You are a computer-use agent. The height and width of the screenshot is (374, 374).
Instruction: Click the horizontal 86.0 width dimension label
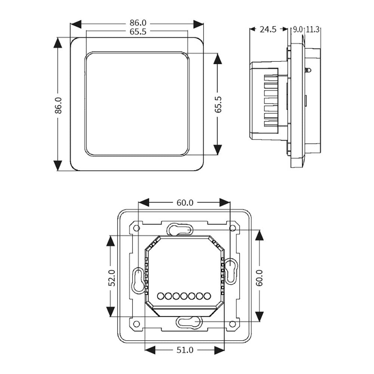click(138, 23)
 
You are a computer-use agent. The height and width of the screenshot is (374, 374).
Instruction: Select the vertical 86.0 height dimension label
click(58, 105)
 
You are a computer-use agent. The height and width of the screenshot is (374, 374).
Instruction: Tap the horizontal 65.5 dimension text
click(138, 31)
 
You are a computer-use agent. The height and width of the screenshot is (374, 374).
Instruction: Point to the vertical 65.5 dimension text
click(218, 104)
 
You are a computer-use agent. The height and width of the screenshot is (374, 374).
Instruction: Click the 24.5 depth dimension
click(268, 29)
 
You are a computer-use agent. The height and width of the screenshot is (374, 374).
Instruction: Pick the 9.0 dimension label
click(297, 30)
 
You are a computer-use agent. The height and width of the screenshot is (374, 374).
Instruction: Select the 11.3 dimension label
click(312, 30)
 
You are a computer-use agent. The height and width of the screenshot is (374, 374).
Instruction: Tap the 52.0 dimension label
click(111, 278)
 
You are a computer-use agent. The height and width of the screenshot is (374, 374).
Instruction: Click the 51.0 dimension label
click(185, 350)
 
